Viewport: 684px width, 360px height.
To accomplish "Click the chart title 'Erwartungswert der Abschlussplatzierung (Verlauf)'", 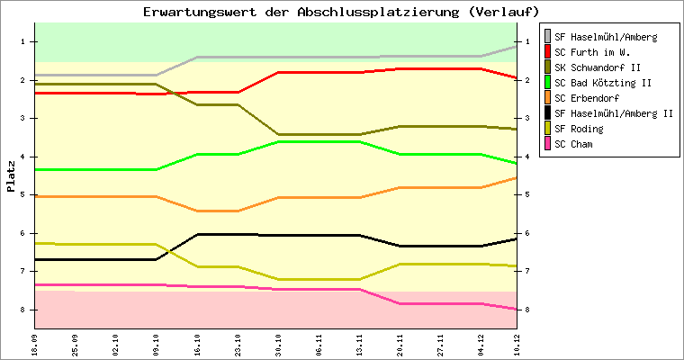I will click(x=341, y=12).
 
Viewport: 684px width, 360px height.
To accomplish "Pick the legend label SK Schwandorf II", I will click(x=598, y=67).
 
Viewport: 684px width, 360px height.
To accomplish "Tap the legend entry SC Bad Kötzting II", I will click(x=602, y=83).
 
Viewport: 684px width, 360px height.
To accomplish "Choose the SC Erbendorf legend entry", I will click(x=587, y=98).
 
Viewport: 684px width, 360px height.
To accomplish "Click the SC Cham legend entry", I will click(x=574, y=144).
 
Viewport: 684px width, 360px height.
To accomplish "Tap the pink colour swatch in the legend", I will click(x=547, y=144).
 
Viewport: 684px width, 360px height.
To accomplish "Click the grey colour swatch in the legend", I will click(x=547, y=37).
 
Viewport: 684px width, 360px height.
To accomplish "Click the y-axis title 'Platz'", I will click(x=11, y=176).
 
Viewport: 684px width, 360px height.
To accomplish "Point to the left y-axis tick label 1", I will click(x=22, y=42).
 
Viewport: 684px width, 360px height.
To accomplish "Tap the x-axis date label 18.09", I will click(x=35, y=344).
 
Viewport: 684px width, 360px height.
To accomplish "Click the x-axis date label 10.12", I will click(x=516, y=344).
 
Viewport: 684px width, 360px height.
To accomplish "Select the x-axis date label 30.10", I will click(x=280, y=344).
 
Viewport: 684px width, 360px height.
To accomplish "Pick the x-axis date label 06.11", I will click(x=319, y=344).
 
